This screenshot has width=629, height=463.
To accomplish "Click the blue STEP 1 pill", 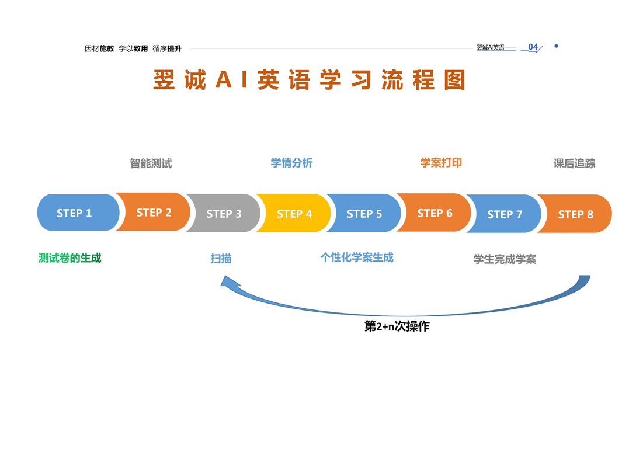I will (x=75, y=213).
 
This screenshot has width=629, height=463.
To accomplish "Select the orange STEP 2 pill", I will (x=154, y=213).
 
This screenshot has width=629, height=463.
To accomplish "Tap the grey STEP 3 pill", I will (x=224, y=214).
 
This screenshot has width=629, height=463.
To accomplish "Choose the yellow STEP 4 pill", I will (x=294, y=214).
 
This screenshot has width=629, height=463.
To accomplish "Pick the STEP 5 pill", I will (x=364, y=214).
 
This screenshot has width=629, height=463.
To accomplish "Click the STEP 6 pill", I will (x=435, y=213).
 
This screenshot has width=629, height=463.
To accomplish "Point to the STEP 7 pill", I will (x=505, y=214).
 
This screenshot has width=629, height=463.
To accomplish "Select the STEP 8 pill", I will (x=576, y=214).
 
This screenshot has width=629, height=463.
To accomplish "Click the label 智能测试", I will (x=151, y=163).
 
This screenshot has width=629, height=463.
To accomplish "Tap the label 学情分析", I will (x=291, y=163).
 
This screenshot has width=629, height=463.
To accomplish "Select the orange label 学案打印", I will (x=441, y=163).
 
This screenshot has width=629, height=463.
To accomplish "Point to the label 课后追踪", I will (x=574, y=163).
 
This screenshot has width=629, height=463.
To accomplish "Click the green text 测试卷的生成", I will (x=70, y=258).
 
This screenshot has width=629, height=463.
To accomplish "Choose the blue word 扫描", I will (x=221, y=258).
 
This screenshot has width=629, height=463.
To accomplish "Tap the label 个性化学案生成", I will (x=357, y=257).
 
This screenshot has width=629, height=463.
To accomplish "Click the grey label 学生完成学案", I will (x=505, y=259).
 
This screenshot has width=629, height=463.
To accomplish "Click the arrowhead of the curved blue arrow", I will (x=228, y=282).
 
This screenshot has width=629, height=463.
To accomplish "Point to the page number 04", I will (x=533, y=47).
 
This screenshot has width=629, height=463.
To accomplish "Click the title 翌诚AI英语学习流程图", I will (x=310, y=81).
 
